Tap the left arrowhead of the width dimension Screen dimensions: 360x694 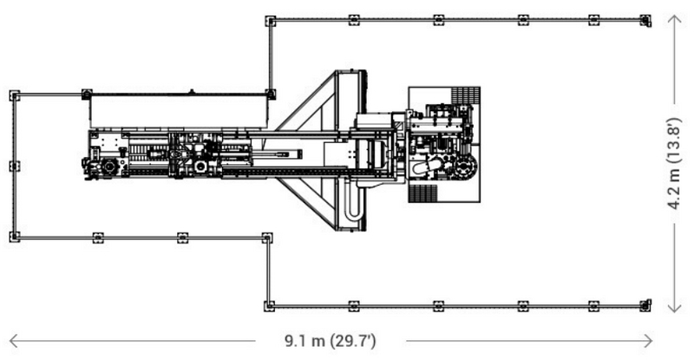[x=12, y=339]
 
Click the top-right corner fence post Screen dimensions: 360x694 [x=645, y=20]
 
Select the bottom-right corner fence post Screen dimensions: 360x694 [x=645, y=305]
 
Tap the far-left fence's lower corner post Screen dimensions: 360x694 [x=14, y=236]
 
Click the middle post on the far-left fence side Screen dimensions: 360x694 [x=14, y=166]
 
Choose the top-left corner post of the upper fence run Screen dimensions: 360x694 [x=270, y=20]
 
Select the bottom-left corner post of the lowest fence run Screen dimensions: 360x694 [x=270, y=305]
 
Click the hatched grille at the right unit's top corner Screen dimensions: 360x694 [x=466, y=95]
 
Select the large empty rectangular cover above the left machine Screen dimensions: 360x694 [x=178, y=111]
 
